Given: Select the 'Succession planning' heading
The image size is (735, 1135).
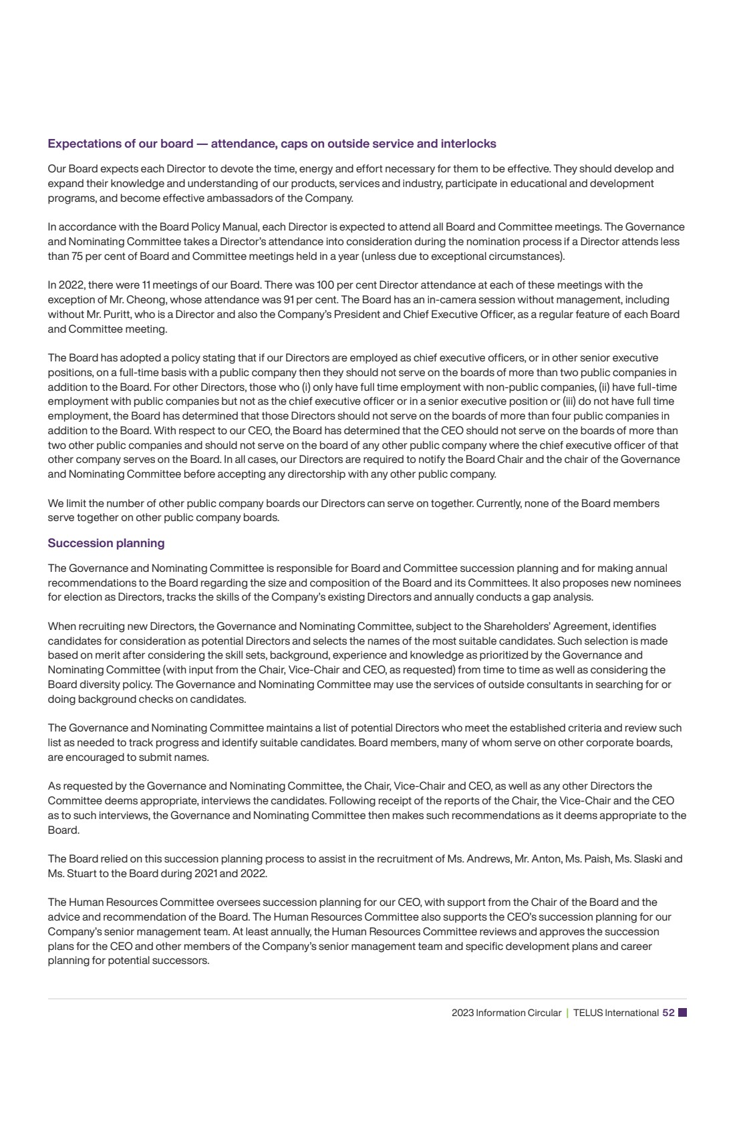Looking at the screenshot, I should tap(106, 543).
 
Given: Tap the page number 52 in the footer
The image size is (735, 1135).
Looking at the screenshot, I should tap(668, 1013).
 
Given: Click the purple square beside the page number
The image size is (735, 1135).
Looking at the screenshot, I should tap(682, 1013).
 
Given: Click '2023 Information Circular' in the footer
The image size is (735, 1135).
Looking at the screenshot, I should tap(506, 1013).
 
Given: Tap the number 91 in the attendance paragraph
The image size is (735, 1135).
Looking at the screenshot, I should tap(289, 300).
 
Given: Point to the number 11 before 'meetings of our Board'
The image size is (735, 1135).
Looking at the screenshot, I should tap(146, 285).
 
